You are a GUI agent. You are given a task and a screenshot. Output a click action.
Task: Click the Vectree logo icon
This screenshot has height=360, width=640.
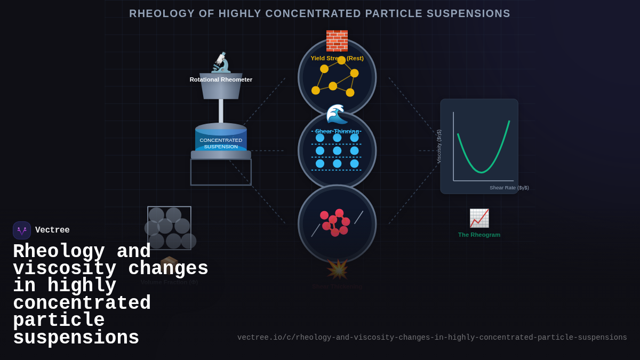[x=22, y=230]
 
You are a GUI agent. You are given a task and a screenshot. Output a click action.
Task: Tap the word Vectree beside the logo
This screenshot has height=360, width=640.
[x=52, y=230]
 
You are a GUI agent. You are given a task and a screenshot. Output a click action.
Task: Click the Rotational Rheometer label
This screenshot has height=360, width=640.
[x=221, y=79]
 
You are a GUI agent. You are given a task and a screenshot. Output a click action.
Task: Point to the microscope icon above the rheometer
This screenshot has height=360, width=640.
[x=221, y=62]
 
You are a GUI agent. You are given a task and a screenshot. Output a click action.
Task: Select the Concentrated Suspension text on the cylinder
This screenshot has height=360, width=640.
[x=221, y=143]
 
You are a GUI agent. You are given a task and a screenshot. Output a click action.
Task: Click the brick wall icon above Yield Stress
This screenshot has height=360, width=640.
[x=337, y=41]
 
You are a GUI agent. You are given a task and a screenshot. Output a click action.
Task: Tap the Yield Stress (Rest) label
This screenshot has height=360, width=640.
[x=337, y=58]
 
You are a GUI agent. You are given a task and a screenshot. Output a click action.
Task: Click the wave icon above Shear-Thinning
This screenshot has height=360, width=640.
[x=337, y=114]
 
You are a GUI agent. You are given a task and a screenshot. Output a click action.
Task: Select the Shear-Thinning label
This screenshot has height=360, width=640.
[x=337, y=131]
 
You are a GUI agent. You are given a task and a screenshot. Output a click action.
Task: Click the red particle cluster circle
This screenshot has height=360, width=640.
[x=337, y=224]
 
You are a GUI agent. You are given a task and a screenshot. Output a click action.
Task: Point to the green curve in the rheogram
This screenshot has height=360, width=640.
[x=482, y=172]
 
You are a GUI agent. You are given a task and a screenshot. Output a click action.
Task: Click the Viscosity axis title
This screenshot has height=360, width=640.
[x=439, y=146]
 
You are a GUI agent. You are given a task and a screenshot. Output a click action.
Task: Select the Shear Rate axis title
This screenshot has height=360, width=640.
[x=509, y=188]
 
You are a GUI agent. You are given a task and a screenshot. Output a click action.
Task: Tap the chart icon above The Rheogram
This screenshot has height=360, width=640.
[x=479, y=218]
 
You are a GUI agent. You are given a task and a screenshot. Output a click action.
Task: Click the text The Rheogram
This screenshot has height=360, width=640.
[x=479, y=235]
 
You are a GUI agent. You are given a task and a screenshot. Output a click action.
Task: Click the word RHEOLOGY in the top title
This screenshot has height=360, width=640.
[x=162, y=14]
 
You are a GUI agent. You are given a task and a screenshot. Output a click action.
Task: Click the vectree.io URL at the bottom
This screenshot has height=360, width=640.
[x=432, y=338]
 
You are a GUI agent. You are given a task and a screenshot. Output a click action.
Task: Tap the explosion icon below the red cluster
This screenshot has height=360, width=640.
[x=337, y=269]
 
